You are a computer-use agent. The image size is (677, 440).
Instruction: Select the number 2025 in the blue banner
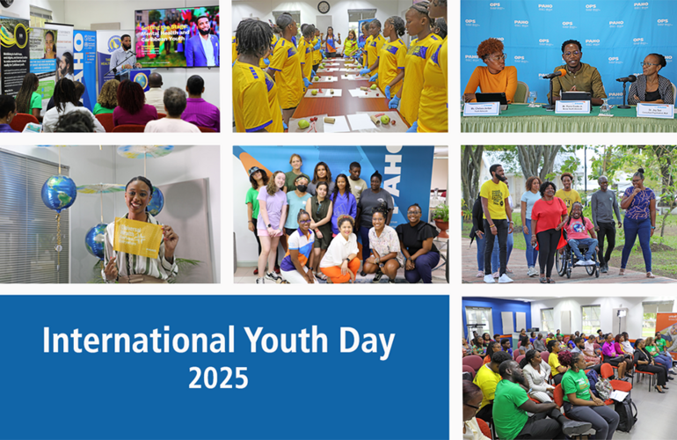coord(220,378)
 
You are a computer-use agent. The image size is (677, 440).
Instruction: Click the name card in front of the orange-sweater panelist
coord(481,108)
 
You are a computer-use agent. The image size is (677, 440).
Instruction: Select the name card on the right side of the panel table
coord(653,109)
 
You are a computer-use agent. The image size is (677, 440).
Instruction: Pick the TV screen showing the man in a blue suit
coord(176,37)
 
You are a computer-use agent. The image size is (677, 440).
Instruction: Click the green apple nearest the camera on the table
coord(303,124)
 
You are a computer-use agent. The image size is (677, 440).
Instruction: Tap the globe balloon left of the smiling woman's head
coord(59,193)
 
